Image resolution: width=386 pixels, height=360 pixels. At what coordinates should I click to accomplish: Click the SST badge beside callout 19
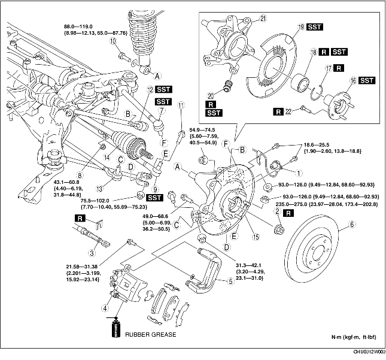(315, 28)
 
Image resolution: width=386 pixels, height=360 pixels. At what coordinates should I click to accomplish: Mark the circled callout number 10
(113, 41)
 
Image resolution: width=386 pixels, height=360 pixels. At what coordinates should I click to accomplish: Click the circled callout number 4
(106, 309)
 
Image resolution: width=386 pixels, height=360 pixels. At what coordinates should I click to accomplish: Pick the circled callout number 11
(180, 106)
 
